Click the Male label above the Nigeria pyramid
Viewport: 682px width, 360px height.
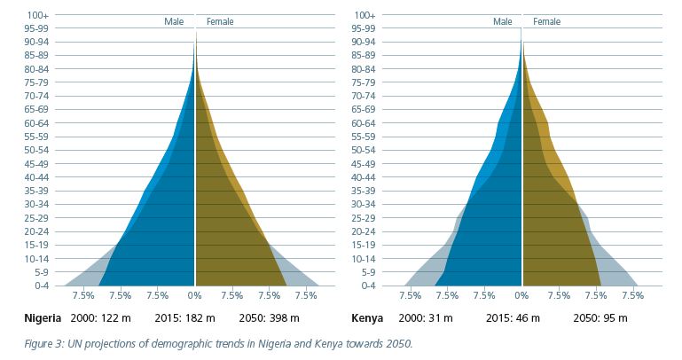(x=174, y=21)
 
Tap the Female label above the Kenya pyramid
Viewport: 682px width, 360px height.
(x=547, y=21)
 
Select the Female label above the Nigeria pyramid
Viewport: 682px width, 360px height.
(x=220, y=21)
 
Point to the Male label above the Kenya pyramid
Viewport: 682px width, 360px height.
(x=503, y=21)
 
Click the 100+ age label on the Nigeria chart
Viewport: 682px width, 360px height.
(x=37, y=15)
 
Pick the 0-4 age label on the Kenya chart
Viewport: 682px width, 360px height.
(x=366, y=286)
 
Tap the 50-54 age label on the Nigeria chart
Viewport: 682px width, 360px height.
(x=37, y=151)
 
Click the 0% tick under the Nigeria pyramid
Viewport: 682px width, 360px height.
(x=195, y=296)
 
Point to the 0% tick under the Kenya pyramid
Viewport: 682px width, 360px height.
(x=522, y=296)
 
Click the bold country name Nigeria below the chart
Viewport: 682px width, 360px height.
(x=43, y=317)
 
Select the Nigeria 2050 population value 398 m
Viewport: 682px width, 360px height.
(x=283, y=317)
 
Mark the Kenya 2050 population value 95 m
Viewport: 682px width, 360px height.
(x=612, y=317)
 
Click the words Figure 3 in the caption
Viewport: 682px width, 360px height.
(x=43, y=343)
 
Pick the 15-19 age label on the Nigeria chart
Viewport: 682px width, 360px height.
(x=37, y=245)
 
